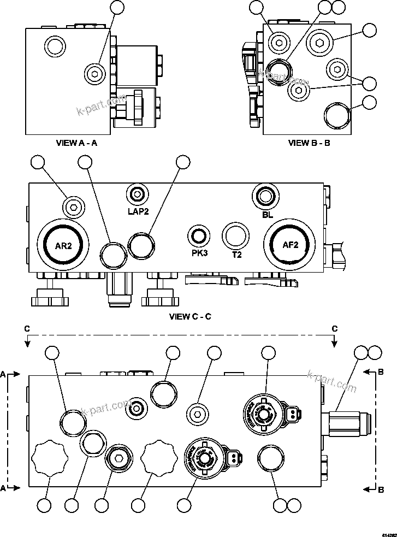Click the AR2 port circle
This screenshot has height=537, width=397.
(63, 245)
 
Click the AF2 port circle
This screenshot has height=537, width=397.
(289, 245)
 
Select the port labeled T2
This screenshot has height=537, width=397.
(236, 236)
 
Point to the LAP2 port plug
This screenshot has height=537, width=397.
(137, 194)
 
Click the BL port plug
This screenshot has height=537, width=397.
(266, 195)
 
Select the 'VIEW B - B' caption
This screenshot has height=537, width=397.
(309, 143)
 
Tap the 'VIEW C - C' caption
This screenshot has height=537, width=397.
(191, 316)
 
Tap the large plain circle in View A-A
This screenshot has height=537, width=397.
(55, 47)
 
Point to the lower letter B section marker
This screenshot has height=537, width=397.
(381, 491)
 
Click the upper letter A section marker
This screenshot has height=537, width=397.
(4, 374)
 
